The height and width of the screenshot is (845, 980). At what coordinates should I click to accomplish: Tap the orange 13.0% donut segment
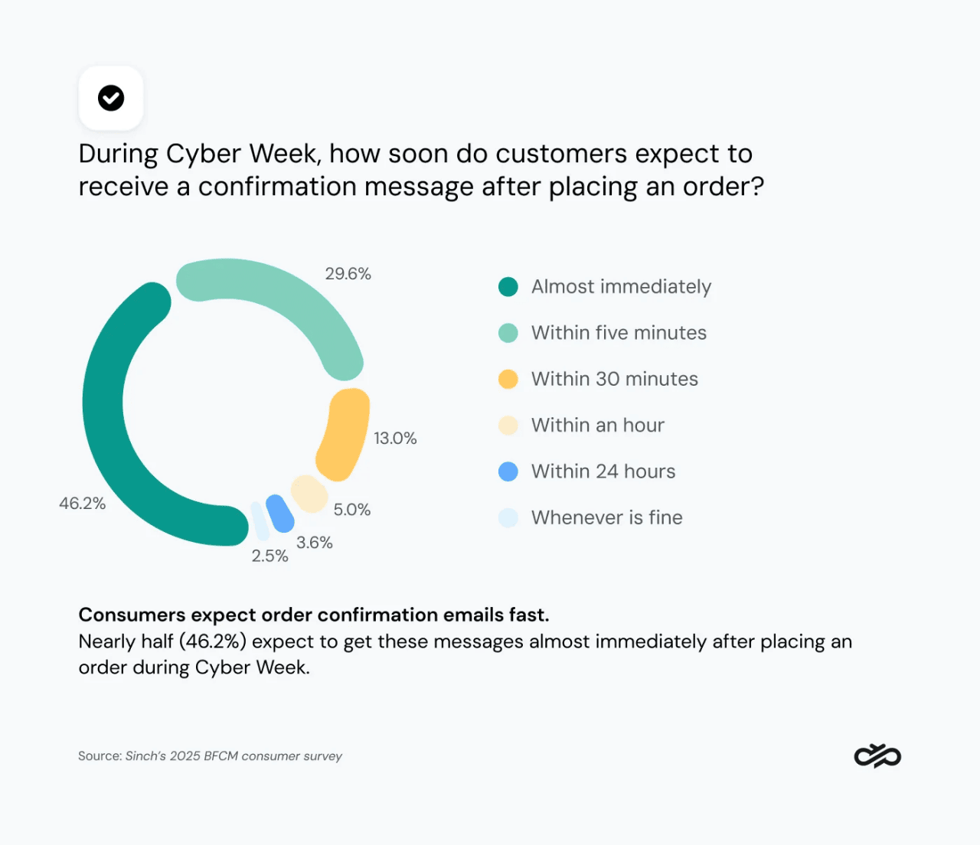point(344,433)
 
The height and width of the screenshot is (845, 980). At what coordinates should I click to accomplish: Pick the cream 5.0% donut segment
point(309,494)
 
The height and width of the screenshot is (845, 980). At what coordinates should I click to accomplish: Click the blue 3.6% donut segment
point(280,514)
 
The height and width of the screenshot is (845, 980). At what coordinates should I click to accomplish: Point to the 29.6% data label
point(348,274)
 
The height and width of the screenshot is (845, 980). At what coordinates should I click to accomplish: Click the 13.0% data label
point(395,439)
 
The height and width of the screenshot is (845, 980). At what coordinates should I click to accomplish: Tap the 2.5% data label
point(269,556)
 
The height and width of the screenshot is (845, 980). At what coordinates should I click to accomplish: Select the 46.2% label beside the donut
point(82,504)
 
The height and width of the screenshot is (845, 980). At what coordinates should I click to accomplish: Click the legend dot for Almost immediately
point(508,287)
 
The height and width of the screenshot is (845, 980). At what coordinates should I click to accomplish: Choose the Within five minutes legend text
point(619,333)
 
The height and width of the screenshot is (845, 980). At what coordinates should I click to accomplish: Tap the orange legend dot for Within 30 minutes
point(508,379)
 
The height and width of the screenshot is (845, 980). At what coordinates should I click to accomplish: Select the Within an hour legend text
point(597,426)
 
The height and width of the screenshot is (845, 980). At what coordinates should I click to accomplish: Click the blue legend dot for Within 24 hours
point(508,471)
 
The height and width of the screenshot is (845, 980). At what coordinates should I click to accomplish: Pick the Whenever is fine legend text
point(606,518)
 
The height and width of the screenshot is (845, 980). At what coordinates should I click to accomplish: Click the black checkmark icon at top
point(111,98)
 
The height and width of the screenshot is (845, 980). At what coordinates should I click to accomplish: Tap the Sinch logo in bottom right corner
point(877,756)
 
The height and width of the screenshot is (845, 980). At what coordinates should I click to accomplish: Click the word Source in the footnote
point(100,756)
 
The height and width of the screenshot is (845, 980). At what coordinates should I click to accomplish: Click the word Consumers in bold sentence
point(132,615)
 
